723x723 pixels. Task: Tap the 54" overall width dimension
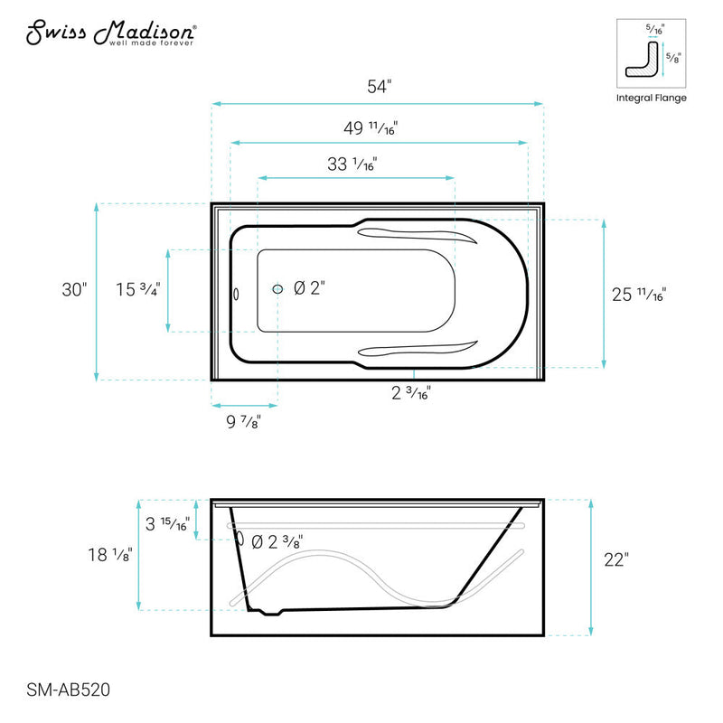click(378, 88)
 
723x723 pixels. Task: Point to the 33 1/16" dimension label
click(352, 164)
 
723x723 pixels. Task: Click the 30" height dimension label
click(74, 290)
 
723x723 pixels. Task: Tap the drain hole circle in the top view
click(278, 289)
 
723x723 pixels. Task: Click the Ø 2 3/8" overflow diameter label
click(277, 541)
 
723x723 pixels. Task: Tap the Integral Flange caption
click(651, 98)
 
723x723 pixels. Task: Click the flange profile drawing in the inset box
click(643, 62)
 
